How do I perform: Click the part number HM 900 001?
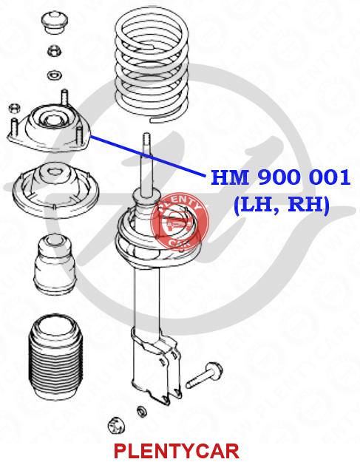pos(280,177)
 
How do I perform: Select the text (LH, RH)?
pos(282,205)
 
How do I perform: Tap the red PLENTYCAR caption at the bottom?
pos(176,451)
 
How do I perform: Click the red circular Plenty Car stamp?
pos(180,222)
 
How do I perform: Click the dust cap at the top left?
pos(55,23)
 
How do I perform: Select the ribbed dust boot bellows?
pos(55,357)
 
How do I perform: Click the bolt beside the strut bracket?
pos(204,375)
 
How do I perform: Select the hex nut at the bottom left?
pos(116,426)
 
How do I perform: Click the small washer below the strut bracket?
pos(141,410)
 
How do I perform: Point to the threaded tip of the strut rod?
pos(146,139)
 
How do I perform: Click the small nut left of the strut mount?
pos(14,108)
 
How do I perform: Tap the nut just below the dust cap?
pos(55,51)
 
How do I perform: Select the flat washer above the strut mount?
pos(54,75)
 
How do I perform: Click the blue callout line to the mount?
pos(148,156)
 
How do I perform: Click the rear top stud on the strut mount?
pos(65,98)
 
